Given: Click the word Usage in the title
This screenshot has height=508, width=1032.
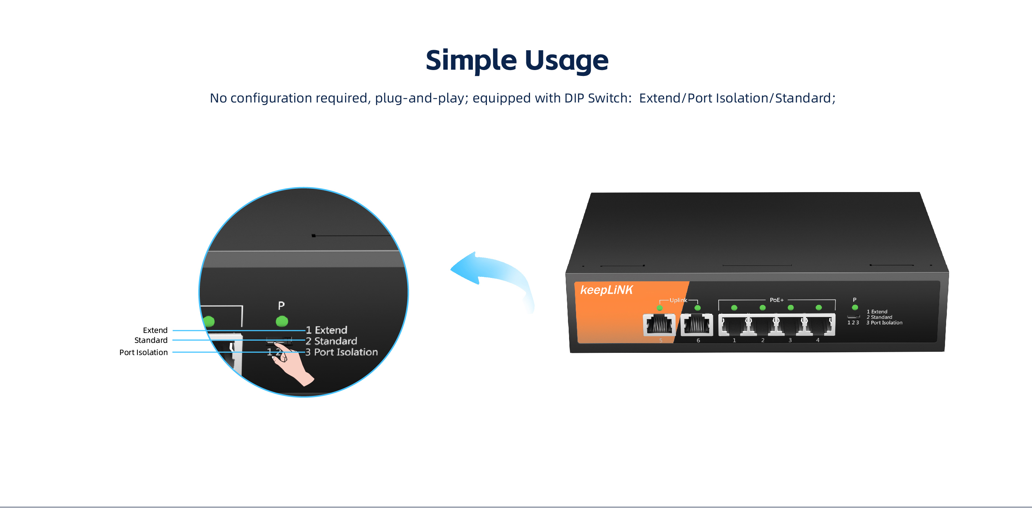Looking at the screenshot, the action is click(x=566, y=61).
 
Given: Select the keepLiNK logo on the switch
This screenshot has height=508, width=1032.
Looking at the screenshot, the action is click(x=606, y=290).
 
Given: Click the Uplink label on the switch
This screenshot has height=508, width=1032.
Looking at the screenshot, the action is click(x=678, y=300).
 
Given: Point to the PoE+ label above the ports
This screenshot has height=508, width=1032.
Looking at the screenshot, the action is click(x=777, y=300).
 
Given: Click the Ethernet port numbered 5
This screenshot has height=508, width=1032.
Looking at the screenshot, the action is click(x=659, y=324).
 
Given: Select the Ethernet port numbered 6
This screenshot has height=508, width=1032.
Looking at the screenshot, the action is click(x=697, y=324).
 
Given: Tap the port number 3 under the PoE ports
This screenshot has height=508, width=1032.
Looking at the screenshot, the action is click(x=790, y=340).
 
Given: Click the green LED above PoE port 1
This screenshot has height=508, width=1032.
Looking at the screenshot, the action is click(x=734, y=308).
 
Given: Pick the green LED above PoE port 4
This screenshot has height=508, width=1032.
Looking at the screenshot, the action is click(x=819, y=308).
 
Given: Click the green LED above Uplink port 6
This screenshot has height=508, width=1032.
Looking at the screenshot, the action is click(x=697, y=308).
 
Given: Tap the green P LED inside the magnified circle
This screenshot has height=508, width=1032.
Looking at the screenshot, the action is click(x=282, y=321).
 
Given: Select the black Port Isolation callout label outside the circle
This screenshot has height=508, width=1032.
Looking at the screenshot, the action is click(x=143, y=352).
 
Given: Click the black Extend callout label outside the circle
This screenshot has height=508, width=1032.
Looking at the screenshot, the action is click(x=155, y=330).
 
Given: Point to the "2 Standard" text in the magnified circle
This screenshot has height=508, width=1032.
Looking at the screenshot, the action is click(x=331, y=341).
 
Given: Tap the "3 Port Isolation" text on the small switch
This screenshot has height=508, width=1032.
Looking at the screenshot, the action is click(x=884, y=323).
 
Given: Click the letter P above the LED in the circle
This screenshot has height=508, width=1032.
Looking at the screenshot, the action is click(x=281, y=306).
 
